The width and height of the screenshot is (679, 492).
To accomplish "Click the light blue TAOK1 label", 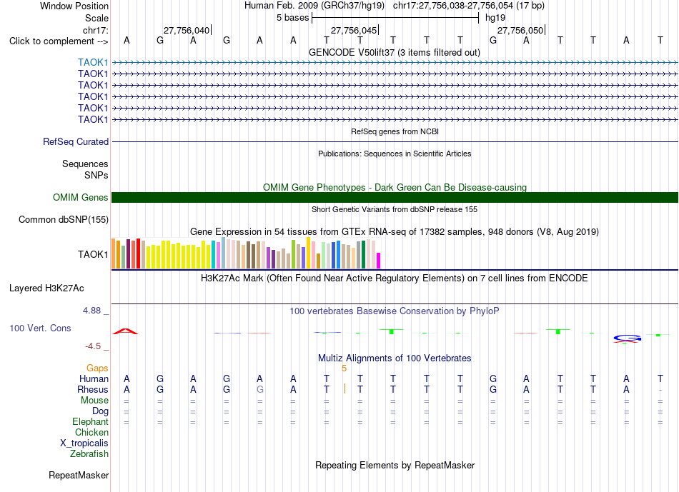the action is click(93, 62).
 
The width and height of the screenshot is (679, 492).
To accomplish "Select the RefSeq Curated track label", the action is click(76, 141).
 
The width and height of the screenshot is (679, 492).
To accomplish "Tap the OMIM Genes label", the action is click(81, 197).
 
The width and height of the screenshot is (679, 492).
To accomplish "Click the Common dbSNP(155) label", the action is click(64, 219).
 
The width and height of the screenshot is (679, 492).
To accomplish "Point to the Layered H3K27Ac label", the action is click(46, 288).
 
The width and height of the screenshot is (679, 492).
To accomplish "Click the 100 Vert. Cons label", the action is click(40, 328).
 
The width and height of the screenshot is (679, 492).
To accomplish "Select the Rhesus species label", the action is click(93, 389).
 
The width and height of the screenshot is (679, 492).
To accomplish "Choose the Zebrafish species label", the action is click(89, 453).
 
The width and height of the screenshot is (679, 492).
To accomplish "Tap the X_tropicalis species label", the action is click(84, 443).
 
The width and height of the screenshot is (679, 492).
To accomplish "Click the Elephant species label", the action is click(90, 421).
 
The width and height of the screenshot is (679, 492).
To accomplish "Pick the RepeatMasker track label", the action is click(79, 475).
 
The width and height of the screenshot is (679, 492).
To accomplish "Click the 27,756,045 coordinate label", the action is click(354, 30).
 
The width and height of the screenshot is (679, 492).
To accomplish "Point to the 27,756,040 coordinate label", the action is click(187, 30).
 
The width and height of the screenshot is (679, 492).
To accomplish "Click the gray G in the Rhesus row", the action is click(260, 389).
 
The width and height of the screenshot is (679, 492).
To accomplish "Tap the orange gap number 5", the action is click(345, 368).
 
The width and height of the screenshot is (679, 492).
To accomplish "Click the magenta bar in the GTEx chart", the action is click(379, 261).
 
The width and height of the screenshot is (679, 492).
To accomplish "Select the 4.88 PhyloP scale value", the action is click(91, 310).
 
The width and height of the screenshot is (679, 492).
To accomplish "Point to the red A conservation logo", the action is click(125, 331).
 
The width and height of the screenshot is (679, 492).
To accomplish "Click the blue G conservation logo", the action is click(628, 338).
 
